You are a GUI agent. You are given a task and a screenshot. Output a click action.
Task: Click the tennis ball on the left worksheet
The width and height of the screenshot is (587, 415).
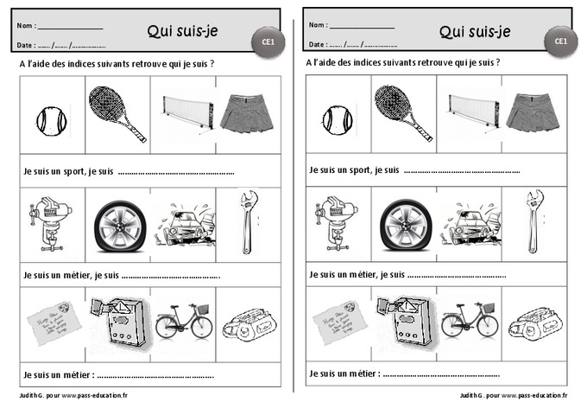(x=49, y=119)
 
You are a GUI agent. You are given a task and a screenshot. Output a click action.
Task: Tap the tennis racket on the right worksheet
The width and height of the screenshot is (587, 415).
(x=404, y=112)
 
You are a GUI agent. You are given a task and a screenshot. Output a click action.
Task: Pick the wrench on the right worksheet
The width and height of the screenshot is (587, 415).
(x=533, y=222)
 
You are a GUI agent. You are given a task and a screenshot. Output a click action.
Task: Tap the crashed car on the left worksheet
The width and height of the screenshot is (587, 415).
(x=182, y=225)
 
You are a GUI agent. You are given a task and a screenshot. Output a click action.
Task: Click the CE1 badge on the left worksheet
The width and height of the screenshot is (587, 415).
(x=268, y=41)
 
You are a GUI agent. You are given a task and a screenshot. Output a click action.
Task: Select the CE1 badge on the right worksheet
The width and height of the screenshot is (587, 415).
(x=560, y=41)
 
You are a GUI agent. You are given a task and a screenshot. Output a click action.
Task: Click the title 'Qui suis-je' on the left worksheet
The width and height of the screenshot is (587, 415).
(x=183, y=32)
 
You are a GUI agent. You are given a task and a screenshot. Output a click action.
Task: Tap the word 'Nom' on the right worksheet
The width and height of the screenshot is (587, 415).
(x=317, y=25)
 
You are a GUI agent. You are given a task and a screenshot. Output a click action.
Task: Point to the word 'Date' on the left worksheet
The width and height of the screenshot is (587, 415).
(x=26, y=44)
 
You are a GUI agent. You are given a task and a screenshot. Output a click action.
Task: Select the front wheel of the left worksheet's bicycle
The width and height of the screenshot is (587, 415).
(x=201, y=327)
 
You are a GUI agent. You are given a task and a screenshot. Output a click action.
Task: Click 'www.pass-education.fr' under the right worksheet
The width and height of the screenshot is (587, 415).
(x=533, y=395)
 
